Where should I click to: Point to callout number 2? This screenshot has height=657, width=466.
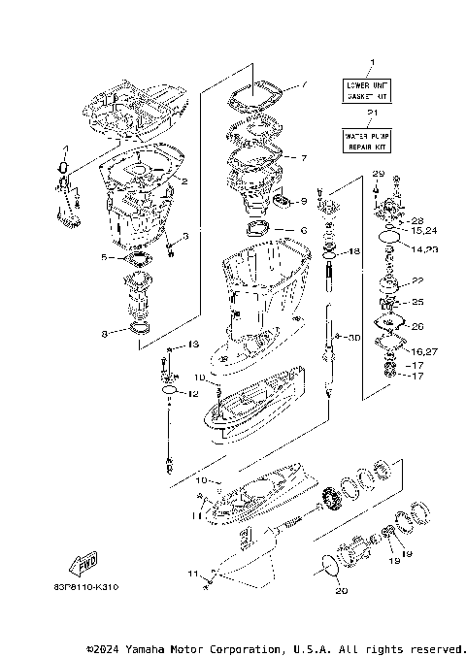[x=184, y=181]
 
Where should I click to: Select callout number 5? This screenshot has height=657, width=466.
[x=104, y=257]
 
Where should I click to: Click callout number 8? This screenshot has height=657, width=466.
[x=104, y=335]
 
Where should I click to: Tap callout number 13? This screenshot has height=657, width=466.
[x=193, y=345]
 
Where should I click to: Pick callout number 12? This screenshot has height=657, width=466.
[x=193, y=393]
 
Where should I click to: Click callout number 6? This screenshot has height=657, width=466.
[x=303, y=230]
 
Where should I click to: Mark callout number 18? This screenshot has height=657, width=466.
[x=355, y=251]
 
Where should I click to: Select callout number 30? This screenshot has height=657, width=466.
[x=355, y=337]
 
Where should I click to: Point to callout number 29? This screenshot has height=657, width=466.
[x=378, y=173]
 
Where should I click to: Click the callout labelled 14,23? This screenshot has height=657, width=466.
[x=424, y=249]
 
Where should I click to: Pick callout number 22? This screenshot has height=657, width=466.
[x=418, y=280]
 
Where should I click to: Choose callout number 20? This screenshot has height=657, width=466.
[x=340, y=591]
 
